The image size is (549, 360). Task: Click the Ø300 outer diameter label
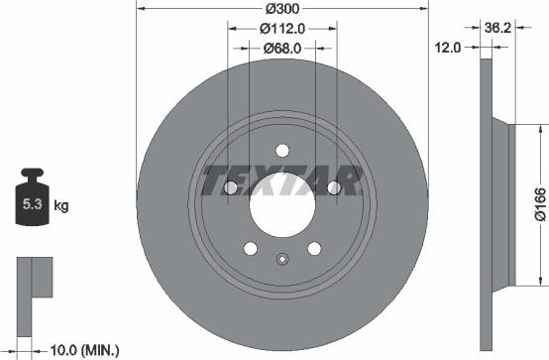281,9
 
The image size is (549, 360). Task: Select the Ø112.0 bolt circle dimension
281,28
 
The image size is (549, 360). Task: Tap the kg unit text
60,207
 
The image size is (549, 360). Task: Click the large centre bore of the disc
281,207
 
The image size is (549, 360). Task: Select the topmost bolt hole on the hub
281,151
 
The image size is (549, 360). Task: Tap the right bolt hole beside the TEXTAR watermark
334,188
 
